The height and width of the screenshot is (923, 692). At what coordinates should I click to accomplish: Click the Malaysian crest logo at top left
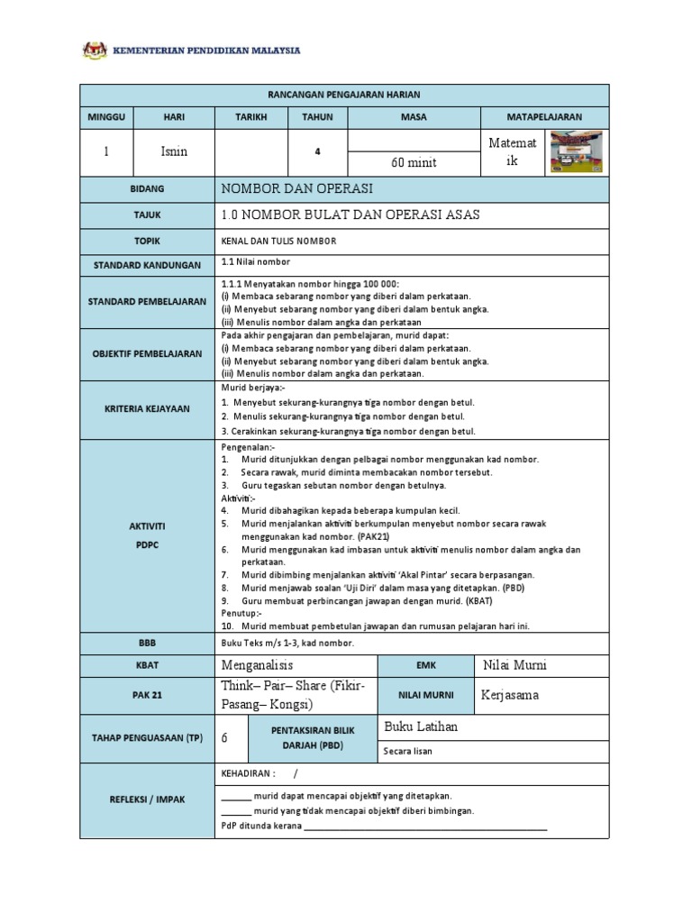(x=94, y=50)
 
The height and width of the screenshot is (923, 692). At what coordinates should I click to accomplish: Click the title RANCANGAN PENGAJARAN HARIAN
(x=344, y=95)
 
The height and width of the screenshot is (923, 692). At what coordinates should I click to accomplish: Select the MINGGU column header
(x=107, y=117)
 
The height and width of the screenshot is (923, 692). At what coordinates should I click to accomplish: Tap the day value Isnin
(x=174, y=151)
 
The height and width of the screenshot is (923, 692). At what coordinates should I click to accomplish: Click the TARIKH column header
(x=251, y=117)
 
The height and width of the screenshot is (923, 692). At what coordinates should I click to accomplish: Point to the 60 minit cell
(x=413, y=163)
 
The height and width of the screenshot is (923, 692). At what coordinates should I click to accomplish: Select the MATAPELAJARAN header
(x=545, y=117)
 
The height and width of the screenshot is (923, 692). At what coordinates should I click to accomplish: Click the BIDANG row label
(x=147, y=189)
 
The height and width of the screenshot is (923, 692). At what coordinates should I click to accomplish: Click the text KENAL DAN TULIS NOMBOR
(x=278, y=242)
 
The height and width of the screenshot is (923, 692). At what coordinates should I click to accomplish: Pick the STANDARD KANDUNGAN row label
(x=147, y=266)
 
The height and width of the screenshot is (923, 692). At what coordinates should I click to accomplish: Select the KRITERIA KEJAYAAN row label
(x=147, y=408)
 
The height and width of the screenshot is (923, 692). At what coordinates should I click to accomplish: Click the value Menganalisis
(x=258, y=665)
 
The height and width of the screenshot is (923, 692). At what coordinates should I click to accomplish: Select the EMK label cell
(x=426, y=666)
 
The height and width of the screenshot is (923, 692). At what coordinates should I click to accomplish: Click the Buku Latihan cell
(x=422, y=727)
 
